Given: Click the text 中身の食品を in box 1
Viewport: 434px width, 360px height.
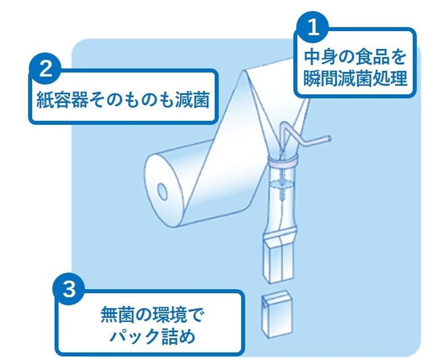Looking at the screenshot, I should (355, 58).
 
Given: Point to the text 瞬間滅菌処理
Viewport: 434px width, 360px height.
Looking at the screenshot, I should (355, 78).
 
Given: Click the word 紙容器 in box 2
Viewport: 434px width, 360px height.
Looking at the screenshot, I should (61, 99).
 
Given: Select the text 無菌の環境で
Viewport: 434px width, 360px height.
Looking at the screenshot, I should (151, 315).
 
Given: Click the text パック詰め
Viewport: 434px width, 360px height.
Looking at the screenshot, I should (152, 337).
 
